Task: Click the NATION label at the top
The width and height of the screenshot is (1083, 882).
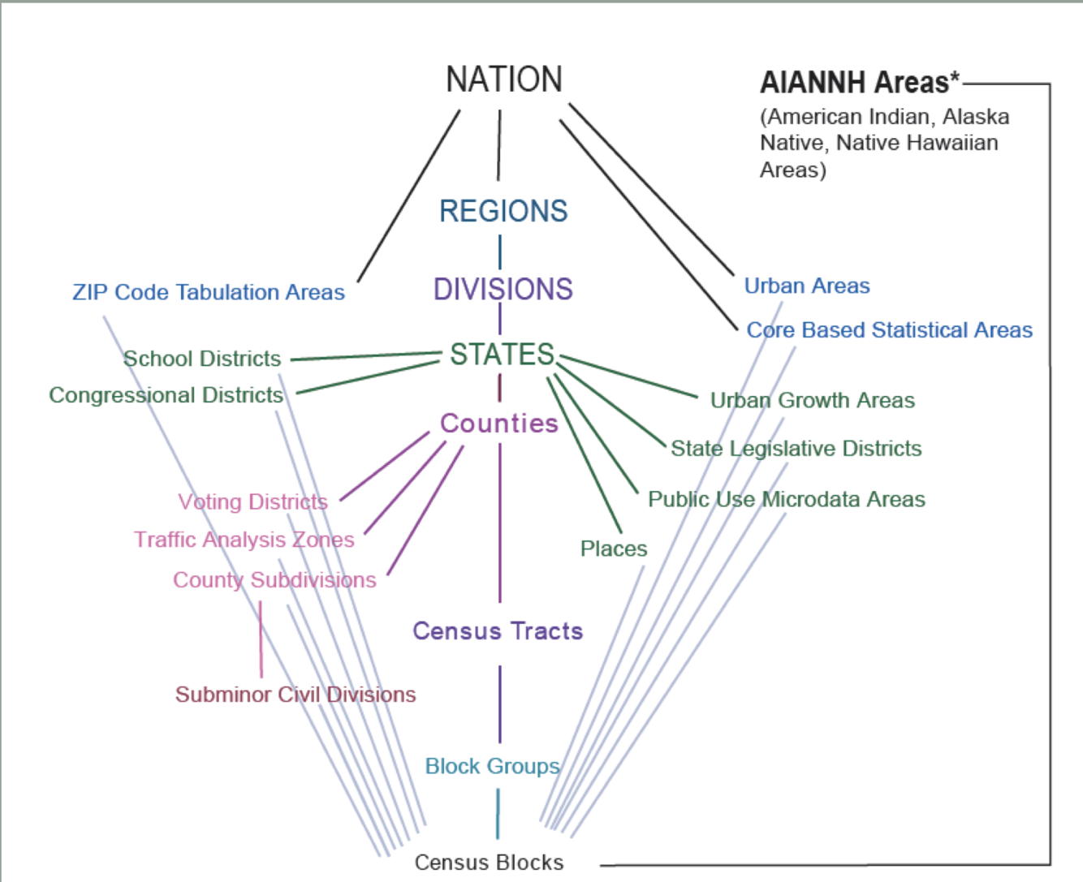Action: click(x=504, y=80)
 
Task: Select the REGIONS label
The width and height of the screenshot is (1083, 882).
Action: click(x=503, y=211)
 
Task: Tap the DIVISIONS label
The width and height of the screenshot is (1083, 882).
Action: click(x=503, y=289)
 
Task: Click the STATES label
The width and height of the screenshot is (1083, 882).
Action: click(x=503, y=355)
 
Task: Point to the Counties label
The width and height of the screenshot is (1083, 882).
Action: click(x=499, y=424)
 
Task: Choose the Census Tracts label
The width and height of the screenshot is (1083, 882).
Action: click(x=498, y=631)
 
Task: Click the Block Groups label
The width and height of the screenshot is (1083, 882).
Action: click(x=493, y=766)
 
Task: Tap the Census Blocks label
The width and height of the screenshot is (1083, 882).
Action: click(x=489, y=862)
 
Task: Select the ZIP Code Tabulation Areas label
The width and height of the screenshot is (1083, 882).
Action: click(x=209, y=292)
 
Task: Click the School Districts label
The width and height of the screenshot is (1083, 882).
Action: click(x=202, y=359)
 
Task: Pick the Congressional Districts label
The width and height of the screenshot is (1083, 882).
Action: click(x=166, y=395)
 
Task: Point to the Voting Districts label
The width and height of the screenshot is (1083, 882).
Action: click(x=253, y=502)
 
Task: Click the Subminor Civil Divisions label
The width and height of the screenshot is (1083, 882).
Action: click(x=296, y=695)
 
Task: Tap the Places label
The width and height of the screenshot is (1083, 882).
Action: click(x=614, y=549)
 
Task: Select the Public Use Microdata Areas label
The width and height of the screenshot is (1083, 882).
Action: click(x=787, y=499)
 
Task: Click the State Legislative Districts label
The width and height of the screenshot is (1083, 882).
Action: click(x=796, y=449)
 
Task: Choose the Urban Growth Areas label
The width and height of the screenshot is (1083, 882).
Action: click(x=813, y=400)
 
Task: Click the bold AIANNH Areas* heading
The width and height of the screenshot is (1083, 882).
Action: click(x=860, y=82)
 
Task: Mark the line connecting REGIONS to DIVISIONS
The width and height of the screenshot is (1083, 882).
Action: click(x=499, y=252)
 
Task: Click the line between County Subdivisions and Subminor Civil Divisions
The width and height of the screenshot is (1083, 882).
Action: click(x=261, y=639)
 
